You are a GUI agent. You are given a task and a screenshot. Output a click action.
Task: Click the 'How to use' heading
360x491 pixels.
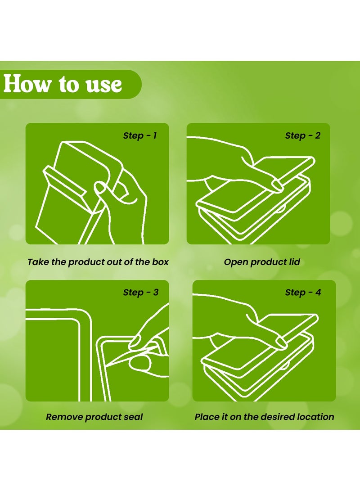[x=63, y=84]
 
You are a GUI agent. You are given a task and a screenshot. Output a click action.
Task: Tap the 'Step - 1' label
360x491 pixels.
[x=139, y=135]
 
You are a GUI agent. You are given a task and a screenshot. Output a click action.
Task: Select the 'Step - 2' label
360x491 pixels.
[x=302, y=135]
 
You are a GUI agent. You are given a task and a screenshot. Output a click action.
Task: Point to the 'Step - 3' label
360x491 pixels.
[x=140, y=293]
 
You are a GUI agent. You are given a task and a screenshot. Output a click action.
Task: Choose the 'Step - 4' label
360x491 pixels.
[x=303, y=293]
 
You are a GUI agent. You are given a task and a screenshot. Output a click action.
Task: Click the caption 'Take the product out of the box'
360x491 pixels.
[x=98, y=262]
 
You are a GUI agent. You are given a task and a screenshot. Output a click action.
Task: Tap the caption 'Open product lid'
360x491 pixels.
[x=262, y=262]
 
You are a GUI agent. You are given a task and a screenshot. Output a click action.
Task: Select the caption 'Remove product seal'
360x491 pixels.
[x=94, y=417]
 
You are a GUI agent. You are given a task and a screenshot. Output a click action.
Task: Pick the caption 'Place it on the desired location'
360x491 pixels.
[x=264, y=417]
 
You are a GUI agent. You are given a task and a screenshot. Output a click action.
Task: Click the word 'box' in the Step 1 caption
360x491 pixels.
[x=160, y=262]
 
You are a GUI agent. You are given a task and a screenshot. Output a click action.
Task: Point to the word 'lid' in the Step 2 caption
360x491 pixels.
[x=294, y=262]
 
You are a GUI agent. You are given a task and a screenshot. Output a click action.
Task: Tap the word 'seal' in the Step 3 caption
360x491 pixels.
[x=133, y=417]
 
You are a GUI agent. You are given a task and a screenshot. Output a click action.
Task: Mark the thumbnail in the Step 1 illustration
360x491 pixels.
[x=100, y=188]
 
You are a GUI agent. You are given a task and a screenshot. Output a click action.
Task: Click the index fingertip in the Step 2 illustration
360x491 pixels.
[x=277, y=185]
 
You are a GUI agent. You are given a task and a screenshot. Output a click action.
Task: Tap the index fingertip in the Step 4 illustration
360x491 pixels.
[x=280, y=342]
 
